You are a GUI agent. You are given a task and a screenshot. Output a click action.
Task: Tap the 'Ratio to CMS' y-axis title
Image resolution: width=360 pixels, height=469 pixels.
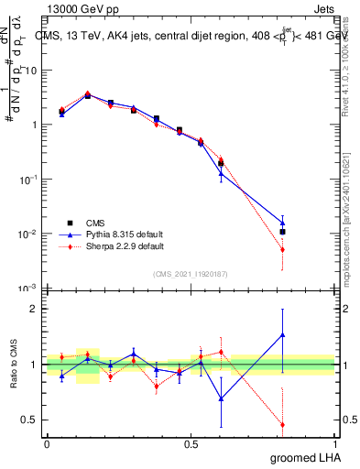point(13,364)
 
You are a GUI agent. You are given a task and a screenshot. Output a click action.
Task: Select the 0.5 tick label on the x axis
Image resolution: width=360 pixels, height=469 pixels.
point(191,442)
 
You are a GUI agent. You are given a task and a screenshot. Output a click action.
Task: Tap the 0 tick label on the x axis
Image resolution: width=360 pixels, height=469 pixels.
point(47,442)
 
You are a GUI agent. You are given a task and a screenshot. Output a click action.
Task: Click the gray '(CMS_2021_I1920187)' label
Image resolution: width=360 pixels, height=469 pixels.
point(191,274)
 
